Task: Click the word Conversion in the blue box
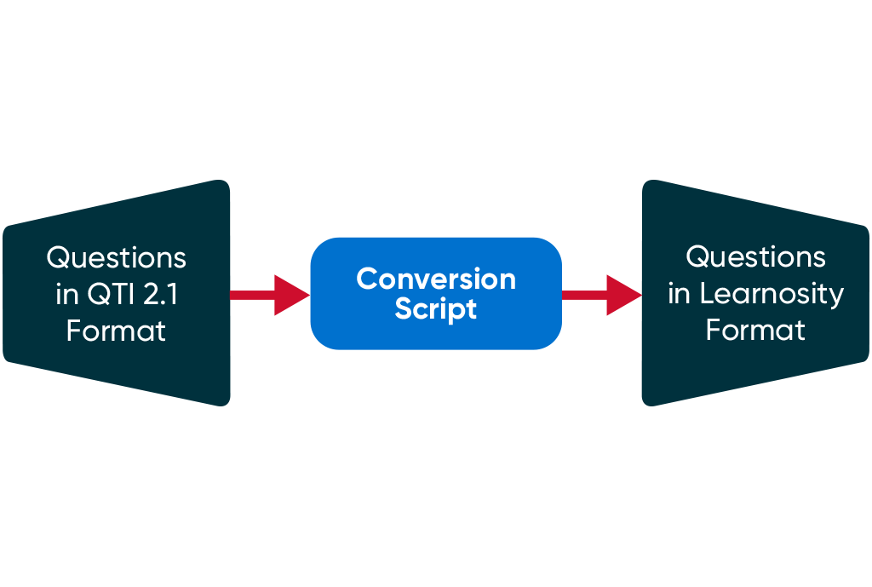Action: (435, 279)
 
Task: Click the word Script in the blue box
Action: (435, 309)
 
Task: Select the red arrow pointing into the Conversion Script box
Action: (268, 295)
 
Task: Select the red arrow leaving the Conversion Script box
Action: (600, 295)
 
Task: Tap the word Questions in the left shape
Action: (116, 257)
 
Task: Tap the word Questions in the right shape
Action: (755, 256)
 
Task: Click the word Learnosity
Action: (772, 294)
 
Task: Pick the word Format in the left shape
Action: (116, 331)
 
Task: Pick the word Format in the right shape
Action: (755, 330)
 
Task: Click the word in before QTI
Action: (66, 294)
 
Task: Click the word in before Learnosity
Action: (679, 294)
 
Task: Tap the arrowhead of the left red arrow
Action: (291, 295)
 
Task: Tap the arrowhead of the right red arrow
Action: (623, 295)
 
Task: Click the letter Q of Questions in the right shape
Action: (697, 257)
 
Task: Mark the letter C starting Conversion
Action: (366, 279)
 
